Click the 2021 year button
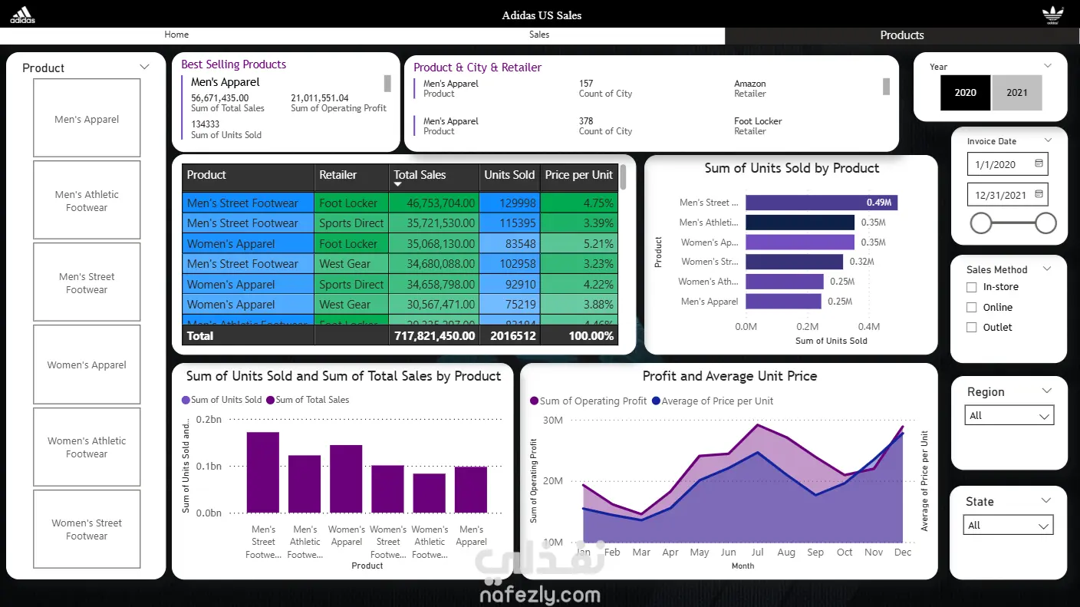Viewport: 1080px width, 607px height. tap(1016, 92)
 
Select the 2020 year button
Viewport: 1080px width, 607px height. tap(965, 92)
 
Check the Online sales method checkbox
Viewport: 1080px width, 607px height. tap(971, 307)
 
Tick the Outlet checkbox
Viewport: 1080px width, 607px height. tap(971, 327)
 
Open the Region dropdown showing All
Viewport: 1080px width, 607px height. tap(1009, 416)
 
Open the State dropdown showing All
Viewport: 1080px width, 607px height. tap(1008, 526)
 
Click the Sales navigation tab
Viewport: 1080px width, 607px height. tap(539, 35)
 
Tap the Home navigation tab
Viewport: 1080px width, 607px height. tap(176, 35)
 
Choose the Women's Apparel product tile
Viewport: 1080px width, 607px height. tap(87, 365)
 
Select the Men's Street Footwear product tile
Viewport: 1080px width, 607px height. tap(87, 282)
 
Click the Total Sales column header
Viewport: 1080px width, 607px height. tap(420, 175)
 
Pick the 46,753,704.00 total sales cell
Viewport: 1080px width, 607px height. tap(433, 203)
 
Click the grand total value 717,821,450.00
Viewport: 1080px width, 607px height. tap(434, 336)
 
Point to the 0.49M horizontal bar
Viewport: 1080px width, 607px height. tap(821, 203)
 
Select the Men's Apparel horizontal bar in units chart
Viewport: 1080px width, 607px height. tap(782, 302)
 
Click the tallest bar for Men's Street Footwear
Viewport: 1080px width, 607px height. tap(262, 472)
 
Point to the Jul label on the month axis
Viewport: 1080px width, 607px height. tap(758, 553)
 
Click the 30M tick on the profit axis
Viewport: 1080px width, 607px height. tap(552, 420)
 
